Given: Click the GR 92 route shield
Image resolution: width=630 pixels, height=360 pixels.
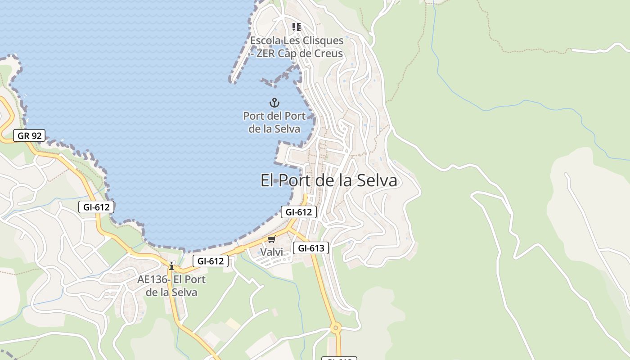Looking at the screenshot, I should pos(29,135).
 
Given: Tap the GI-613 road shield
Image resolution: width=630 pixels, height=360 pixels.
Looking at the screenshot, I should pos(311,247).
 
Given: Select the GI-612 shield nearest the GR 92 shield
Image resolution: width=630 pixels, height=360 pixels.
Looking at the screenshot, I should pos(96,207).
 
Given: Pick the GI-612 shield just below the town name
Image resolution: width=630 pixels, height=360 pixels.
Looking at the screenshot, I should pos(299,212).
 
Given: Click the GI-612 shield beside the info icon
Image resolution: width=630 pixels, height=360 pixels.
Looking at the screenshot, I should pos(211,261).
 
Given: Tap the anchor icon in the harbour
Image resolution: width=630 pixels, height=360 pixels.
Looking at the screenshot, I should pos(274,103).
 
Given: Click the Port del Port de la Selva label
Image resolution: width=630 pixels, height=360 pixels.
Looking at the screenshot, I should pos(274,122).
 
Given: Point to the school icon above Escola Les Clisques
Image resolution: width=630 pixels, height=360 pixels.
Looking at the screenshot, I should pos(296,27).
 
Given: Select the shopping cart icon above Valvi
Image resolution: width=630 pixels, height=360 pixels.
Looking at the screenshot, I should pos(271,239).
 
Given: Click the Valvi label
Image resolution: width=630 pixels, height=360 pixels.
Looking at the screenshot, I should pos(272,252).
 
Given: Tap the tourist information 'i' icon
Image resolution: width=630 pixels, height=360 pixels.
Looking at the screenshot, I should pos(171,266).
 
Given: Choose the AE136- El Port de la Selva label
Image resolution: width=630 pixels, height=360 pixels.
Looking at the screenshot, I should pos(171,286).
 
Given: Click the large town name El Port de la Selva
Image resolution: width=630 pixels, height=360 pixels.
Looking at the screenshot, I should pos(329,180).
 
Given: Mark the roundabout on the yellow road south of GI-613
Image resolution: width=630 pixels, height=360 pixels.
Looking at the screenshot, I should pos(336,328).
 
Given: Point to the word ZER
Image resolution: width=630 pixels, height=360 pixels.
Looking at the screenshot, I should pos(265,54).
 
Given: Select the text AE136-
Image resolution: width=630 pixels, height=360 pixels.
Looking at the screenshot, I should pos(154,279).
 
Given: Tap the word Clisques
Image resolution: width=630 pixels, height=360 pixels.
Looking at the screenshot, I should pos(322,40).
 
